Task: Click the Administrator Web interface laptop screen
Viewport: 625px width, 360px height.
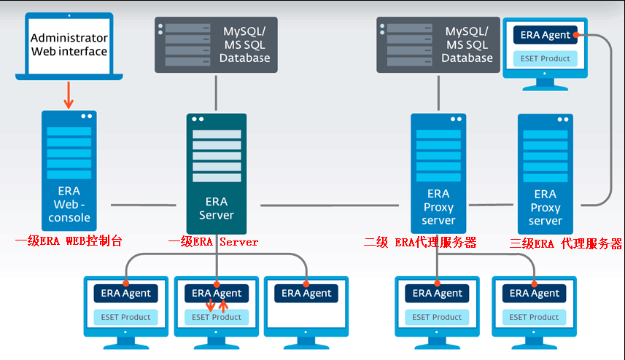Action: click(x=69, y=44)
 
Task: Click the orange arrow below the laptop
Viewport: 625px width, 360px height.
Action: click(x=69, y=95)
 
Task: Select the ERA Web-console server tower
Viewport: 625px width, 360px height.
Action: click(x=69, y=171)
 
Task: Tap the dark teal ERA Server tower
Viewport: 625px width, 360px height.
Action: click(x=217, y=173)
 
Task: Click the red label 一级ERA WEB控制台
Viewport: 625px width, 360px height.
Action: click(x=69, y=241)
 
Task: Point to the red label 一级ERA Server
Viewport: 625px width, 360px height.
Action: click(x=213, y=242)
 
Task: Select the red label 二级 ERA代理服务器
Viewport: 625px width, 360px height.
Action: click(x=420, y=242)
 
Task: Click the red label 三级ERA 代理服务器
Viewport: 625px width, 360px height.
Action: click(x=566, y=243)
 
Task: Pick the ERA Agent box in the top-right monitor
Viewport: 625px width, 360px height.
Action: click(x=546, y=35)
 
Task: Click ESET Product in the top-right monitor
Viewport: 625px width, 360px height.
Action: click(x=546, y=58)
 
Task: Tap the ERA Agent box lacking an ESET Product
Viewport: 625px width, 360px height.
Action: click(x=306, y=293)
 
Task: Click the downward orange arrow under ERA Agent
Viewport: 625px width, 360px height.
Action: click(x=210, y=305)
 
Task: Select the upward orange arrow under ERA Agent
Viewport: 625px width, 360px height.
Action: click(x=223, y=305)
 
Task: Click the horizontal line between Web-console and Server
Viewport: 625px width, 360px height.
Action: click(x=144, y=205)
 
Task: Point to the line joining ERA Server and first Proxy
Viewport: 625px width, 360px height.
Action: click(x=330, y=206)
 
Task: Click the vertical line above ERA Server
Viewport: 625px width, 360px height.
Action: click(x=216, y=93)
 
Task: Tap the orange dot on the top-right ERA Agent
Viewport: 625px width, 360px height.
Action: click(x=576, y=35)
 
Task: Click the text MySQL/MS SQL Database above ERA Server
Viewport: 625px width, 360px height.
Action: click(x=245, y=44)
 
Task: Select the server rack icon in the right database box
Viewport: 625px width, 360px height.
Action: click(x=406, y=44)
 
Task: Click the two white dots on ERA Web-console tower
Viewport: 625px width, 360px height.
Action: click(x=87, y=117)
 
